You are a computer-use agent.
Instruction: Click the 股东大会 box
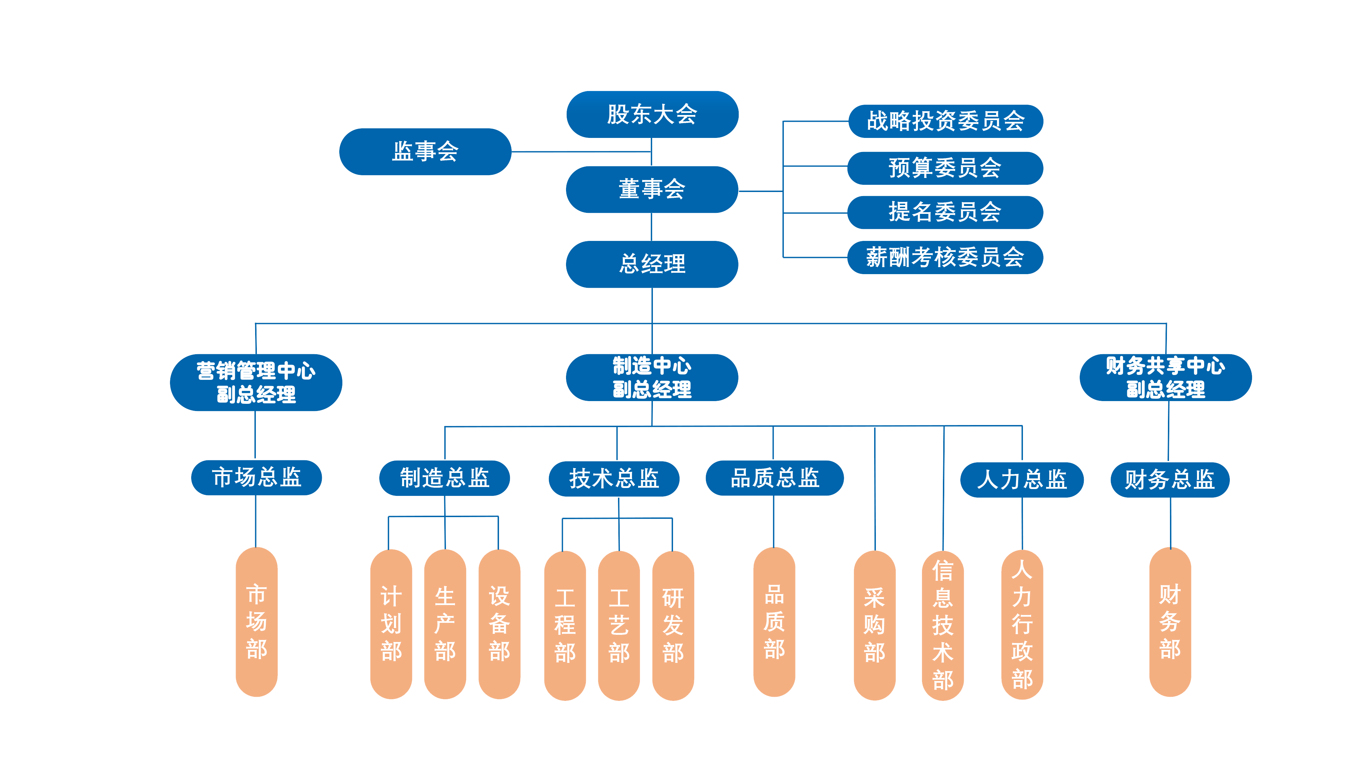[652, 114]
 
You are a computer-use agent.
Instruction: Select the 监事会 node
[425, 152]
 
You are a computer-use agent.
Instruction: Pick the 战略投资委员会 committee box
[945, 121]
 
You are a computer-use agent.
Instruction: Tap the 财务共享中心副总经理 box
[1165, 377]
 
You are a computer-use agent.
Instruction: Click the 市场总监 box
[256, 477]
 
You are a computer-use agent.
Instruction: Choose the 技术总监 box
[614, 478]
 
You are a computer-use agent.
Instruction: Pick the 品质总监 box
[774, 478]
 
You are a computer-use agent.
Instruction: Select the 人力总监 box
[1022, 479]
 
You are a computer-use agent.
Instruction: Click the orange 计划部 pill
[391, 624]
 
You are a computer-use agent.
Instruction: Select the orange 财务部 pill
[1170, 622]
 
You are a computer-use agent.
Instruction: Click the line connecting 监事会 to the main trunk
[581, 152]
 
